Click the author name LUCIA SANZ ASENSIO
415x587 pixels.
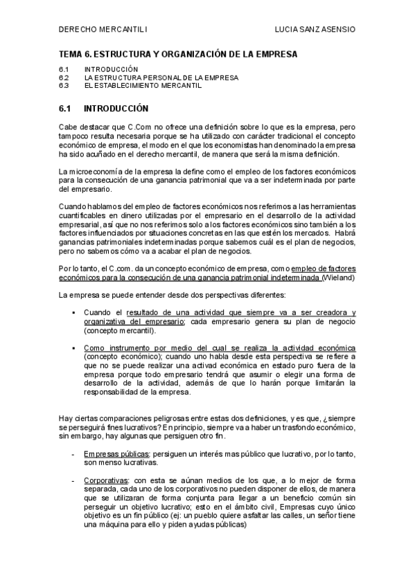315,30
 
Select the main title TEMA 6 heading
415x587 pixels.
178,53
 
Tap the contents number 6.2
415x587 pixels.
64,78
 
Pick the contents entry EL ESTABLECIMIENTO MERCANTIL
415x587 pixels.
143,86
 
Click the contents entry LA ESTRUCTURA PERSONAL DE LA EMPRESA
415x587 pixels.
161,78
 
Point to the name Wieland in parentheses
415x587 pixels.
337,278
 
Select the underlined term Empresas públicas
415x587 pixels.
116,453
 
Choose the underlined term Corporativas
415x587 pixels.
106,479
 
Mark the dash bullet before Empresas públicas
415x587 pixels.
73,453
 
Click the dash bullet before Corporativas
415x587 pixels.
73,479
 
